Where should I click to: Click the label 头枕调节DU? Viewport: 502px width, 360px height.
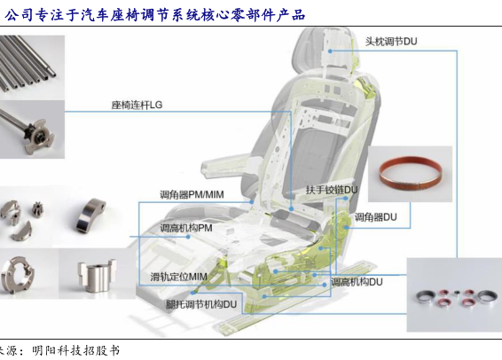click(391, 42)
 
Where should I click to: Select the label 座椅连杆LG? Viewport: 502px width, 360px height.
click(137, 105)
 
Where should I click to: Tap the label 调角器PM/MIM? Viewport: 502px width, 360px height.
click(192, 194)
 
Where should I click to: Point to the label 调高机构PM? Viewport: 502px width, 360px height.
click(186, 228)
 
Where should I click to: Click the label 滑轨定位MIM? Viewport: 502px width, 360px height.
click(178, 277)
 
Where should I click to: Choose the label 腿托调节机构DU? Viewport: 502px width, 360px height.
click(201, 304)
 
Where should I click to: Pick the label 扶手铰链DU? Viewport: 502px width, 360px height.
click(332, 190)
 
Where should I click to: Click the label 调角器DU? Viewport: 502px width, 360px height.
click(375, 217)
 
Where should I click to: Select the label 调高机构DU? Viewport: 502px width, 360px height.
click(357, 282)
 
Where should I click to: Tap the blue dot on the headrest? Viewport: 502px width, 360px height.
click(330, 51)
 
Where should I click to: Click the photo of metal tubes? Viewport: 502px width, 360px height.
click(32, 64)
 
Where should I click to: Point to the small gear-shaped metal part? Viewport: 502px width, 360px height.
click(38, 210)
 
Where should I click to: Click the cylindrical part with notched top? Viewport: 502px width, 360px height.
click(97, 276)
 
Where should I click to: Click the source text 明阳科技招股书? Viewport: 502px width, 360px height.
click(75, 350)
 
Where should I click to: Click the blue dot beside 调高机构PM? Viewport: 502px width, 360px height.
click(188, 237)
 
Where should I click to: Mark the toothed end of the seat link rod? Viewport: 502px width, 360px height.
click(40, 137)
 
